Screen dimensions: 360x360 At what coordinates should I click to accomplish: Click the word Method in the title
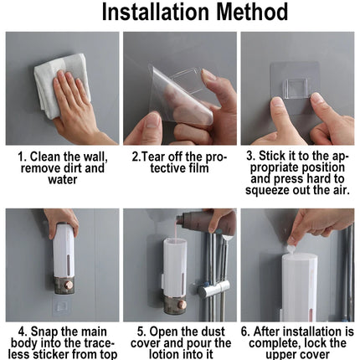click(x=252, y=12)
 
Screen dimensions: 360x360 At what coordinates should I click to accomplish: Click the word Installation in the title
click(x=156, y=12)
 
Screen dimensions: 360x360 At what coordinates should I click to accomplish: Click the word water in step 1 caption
click(x=63, y=179)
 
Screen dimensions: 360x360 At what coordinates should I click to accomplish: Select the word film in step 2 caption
click(x=198, y=168)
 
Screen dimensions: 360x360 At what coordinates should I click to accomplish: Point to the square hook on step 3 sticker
click(x=296, y=89)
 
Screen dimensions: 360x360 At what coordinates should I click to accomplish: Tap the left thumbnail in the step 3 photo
click(x=277, y=102)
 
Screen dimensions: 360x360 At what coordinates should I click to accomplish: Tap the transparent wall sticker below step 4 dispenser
click(x=62, y=306)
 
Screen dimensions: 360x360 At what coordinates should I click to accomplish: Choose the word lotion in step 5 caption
click(x=162, y=354)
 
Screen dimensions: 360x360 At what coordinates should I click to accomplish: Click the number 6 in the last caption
click(x=244, y=332)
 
